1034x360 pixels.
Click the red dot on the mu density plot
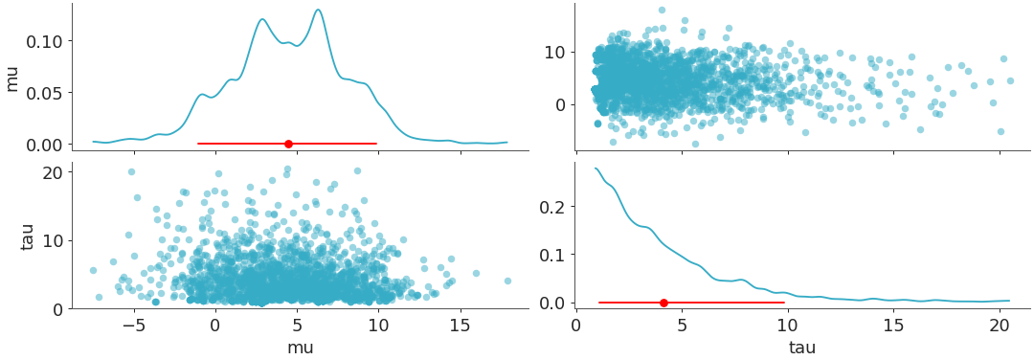(288, 144)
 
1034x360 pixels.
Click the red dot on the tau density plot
(663, 303)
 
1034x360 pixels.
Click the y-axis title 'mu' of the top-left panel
(12, 78)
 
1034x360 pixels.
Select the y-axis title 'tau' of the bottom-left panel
(28, 236)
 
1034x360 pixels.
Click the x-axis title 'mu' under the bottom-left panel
(300, 348)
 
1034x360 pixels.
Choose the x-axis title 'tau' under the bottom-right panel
(802, 348)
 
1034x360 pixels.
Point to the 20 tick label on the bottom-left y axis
(53, 172)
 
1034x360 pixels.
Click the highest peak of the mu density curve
(317, 11)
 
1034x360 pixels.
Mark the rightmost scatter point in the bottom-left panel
(507, 281)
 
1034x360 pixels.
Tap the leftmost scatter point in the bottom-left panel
(93, 270)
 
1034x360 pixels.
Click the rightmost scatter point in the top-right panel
(1010, 80)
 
